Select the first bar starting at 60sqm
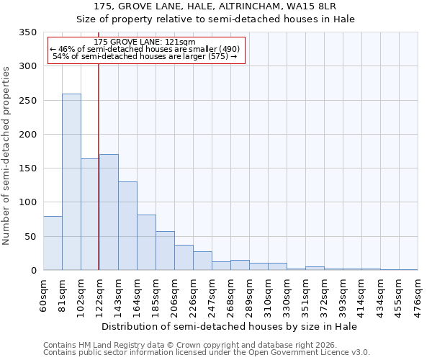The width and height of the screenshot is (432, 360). (53, 243)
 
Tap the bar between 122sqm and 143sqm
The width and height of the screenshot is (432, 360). (109, 212)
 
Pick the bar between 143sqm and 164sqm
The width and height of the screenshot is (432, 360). (127, 226)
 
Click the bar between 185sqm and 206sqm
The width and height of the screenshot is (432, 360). (165, 251)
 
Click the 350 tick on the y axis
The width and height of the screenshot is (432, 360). (28, 32)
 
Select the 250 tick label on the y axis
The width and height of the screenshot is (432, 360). (28, 101)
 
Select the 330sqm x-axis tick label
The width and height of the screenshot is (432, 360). (287, 296)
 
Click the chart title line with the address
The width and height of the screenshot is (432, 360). (216, 6)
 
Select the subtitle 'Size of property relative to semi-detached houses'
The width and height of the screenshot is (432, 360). (216, 19)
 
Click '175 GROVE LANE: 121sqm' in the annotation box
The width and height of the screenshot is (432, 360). (144, 42)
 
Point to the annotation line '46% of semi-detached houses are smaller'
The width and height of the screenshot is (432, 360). (144, 49)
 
